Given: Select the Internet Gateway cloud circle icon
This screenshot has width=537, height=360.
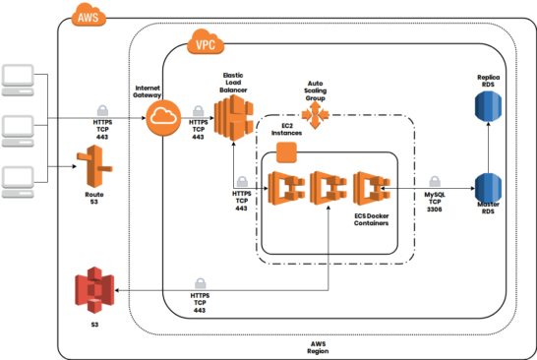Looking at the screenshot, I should click(x=163, y=120).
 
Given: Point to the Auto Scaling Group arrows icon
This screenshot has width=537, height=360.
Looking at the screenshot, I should click(x=317, y=116).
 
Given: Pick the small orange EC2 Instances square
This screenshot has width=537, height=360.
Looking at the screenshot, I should click(x=286, y=152).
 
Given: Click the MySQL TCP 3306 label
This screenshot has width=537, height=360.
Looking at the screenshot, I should click(x=434, y=203).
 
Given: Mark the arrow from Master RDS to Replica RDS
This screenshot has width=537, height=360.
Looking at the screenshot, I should click(x=489, y=147).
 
